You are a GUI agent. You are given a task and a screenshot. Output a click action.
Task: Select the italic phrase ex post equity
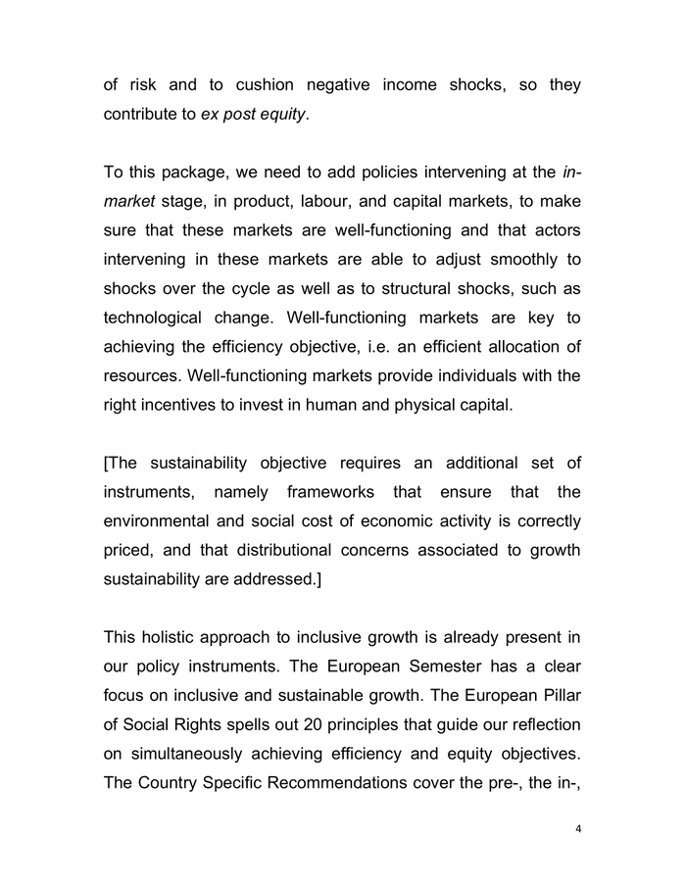[254, 116]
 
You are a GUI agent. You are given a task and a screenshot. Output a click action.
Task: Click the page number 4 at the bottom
[578, 828]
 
